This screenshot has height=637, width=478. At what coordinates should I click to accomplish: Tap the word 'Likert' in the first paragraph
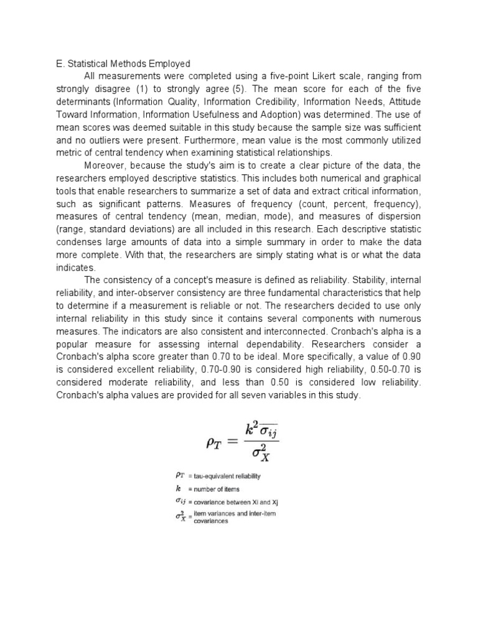pyautogui.click(x=312, y=76)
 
